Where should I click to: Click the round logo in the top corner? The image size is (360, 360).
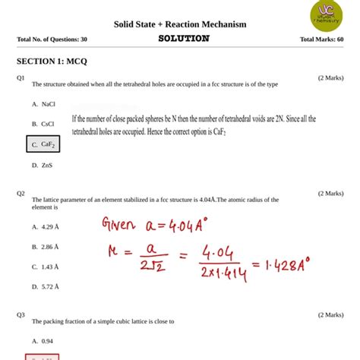coord(326,16)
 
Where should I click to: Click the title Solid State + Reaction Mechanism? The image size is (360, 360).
coord(180,24)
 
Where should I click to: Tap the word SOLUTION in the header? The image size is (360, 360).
coord(185,39)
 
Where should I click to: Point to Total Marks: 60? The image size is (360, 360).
coord(321,39)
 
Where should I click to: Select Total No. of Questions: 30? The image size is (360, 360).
coord(52,39)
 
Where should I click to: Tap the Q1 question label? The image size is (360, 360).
coord(21,78)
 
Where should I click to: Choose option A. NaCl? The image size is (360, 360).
coord(43,103)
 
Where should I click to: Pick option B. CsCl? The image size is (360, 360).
coord(43,124)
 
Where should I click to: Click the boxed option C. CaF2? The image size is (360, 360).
coord(43,144)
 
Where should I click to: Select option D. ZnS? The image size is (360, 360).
coord(42,165)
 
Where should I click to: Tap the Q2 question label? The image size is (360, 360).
coord(21,194)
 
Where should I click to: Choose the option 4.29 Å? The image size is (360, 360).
coord(46,226)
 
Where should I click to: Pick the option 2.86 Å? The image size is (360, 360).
coord(46,247)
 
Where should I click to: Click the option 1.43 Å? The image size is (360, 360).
coord(46,267)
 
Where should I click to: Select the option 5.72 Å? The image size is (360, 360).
coord(46,287)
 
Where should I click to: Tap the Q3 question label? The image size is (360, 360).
coord(21,314)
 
